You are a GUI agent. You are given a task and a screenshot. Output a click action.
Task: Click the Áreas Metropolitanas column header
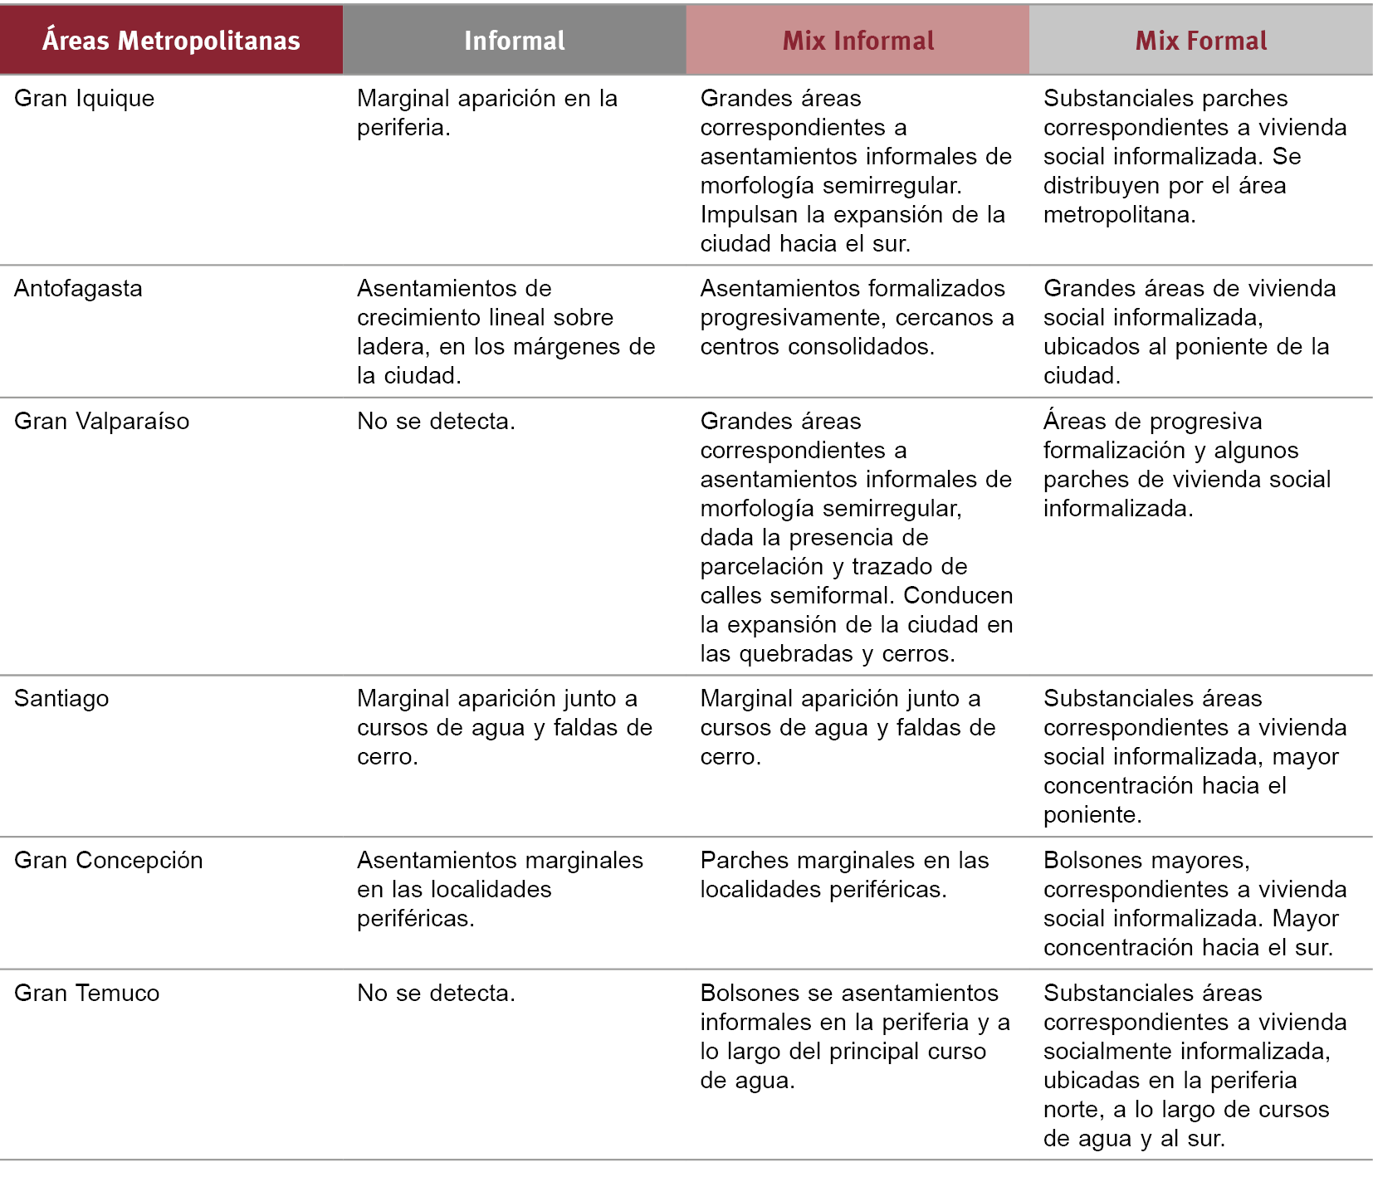coord(171,40)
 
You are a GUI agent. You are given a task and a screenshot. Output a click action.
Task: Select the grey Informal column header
coord(514,40)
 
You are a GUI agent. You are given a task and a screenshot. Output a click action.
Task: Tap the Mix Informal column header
coord(858,40)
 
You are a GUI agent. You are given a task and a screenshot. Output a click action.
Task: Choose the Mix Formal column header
coord(1200,40)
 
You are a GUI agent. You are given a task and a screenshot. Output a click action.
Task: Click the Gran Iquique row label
coord(85,98)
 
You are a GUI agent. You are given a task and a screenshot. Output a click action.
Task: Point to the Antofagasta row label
coord(78,288)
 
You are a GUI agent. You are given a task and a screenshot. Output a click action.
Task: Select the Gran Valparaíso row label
coord(101,421)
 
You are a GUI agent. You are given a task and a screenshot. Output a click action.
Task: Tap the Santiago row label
coord(61,698)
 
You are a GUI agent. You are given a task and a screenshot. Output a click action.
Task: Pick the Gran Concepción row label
coord(109,860)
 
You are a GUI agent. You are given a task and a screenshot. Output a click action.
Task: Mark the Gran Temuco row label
coord(87,993)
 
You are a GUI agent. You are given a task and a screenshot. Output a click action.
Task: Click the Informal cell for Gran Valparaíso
coord(436,421)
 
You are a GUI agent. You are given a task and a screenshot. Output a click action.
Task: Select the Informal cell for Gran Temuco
coord(436,993)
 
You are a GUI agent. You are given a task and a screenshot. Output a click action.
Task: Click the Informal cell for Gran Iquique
coord(487,112)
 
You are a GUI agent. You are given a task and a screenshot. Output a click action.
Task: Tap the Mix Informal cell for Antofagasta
coord(857,317)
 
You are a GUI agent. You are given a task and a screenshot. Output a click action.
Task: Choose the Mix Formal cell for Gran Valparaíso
coord(1187,465)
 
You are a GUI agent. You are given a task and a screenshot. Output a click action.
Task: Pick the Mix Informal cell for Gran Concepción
coord(844,874)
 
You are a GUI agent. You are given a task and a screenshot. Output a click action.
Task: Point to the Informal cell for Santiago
coord(505,727)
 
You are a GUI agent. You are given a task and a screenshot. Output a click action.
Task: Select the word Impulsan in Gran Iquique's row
coord(750,214)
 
